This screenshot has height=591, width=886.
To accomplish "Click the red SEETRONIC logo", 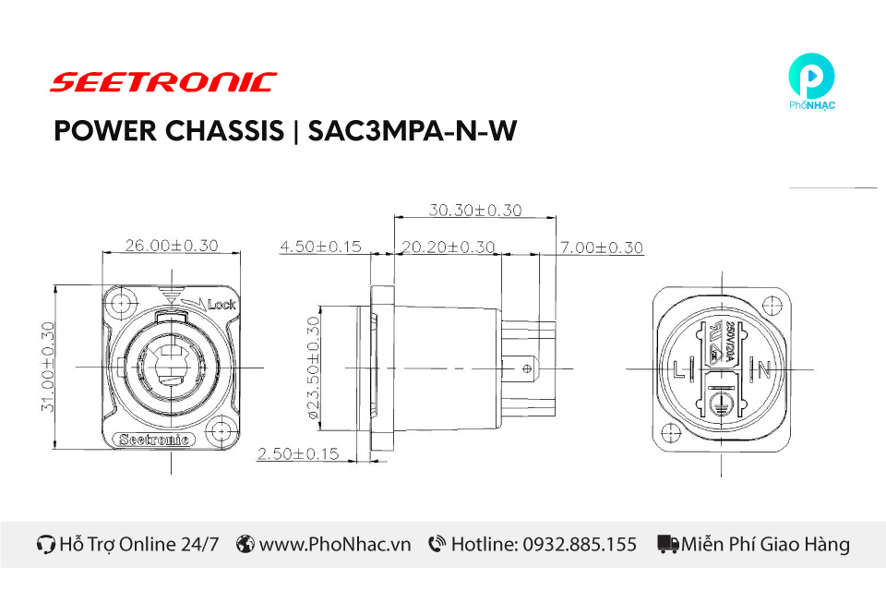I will coord(162,82).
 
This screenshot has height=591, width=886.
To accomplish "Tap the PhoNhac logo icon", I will coord(812,78).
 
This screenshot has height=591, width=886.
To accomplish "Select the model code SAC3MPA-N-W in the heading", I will coord(411,132).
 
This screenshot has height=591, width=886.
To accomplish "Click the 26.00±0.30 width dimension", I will coord(172,246).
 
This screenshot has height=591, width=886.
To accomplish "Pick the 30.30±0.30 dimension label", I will coord(474,210).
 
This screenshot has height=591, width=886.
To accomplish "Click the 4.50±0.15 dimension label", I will coord(320,247).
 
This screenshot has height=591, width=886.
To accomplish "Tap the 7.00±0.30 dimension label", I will coord(601,247).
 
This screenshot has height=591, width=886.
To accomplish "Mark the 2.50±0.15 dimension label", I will coord(298,454).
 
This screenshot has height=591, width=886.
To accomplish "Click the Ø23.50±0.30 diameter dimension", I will coord(313,368).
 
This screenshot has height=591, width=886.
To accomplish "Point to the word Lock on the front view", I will coord(222,304).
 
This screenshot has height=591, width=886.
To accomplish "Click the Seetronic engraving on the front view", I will coord(155,440).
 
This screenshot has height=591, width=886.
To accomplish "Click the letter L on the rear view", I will coord(680,371).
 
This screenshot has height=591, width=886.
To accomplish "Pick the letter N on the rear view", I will coord(764,371).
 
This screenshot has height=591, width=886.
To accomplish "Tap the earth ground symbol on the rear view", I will coord(722,404).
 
